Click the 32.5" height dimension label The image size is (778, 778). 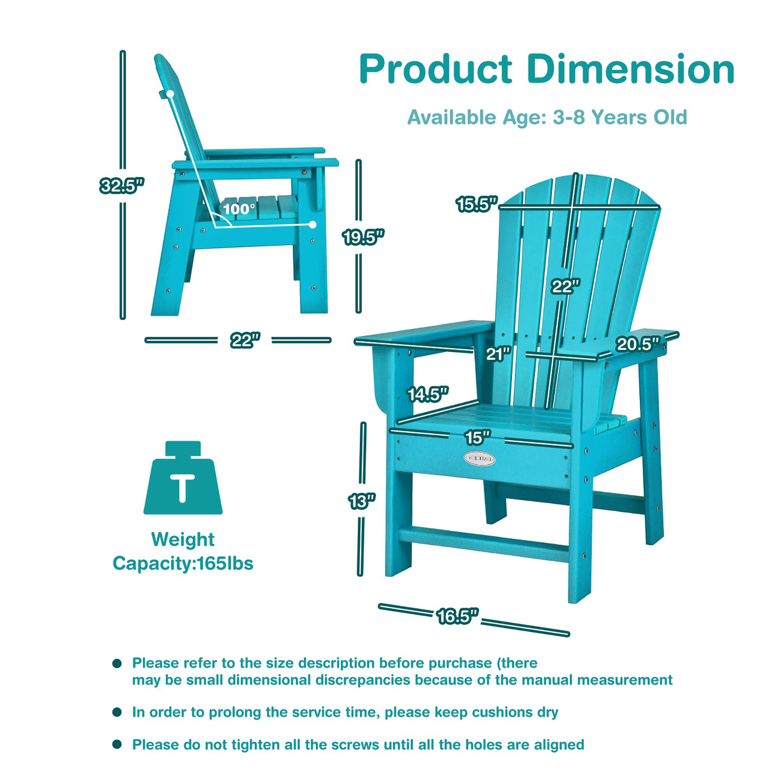[x=122, y=186]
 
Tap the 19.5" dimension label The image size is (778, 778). [x=363, y=237]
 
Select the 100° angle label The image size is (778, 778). [x=239, y=209]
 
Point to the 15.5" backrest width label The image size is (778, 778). [x=477, y=205]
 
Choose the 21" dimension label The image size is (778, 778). [x=498, y=354]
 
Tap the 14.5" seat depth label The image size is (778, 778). [x=428, y=394]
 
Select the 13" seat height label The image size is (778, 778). [x=361, y=501]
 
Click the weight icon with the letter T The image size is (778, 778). [x=183, y=478]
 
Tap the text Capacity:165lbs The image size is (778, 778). [x=183, y=563]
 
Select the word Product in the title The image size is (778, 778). [x=436, y=70]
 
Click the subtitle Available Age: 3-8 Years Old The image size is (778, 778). [x=547, y=117]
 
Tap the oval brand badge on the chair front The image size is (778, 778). [x=479, y=458]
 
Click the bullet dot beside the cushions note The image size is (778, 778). [x=117, y=712]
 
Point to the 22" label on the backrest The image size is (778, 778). [x=566, y=286]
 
